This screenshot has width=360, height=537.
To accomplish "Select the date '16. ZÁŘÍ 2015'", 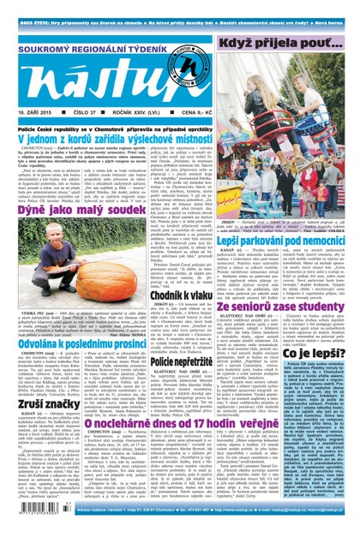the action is coord(33,112).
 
